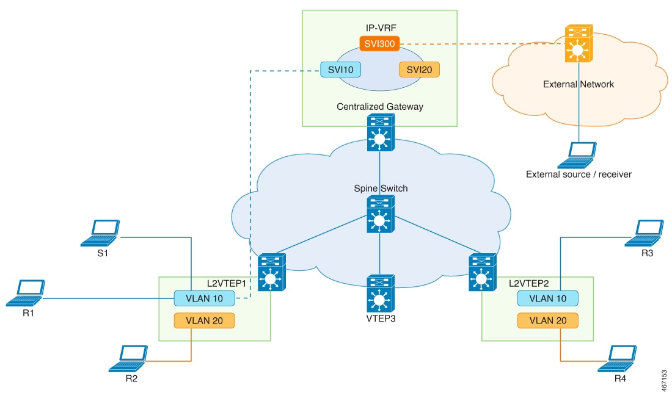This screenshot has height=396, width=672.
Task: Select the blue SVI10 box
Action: tap(340, 70)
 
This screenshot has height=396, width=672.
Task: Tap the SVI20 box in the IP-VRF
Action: tap(420, 70)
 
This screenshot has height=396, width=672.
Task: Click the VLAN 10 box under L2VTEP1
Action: tap(205, 298)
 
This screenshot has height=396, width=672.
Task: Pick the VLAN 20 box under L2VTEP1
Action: tap(205, 320)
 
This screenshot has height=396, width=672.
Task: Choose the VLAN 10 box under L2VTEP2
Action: tap(547, 298)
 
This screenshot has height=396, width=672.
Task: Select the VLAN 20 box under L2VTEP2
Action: tap(547, 320)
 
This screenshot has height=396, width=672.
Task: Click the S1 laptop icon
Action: tap(101, 233)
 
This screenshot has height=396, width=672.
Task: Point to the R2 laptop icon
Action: tap(128, 358)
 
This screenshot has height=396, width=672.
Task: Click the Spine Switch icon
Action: tap(380, 214)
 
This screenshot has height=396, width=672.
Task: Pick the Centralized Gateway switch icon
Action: tap(380, 134)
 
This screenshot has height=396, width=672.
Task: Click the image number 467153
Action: tap(663, 373)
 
